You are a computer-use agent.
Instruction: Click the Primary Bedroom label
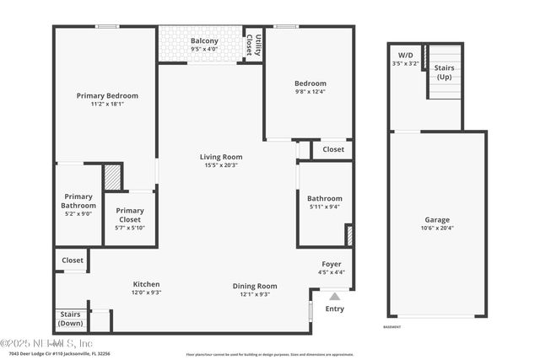107,95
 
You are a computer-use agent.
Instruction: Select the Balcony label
204,40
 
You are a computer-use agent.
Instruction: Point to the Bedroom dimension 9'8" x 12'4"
310,93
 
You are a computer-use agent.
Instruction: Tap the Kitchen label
146,284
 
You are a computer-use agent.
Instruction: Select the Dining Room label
255,286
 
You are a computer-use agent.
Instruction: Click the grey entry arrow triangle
334,297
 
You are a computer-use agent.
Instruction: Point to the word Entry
334,309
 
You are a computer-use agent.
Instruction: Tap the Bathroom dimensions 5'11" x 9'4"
325,207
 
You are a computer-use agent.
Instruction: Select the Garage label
436,219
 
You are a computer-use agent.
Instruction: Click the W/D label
405,55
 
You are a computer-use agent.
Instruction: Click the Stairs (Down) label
71,319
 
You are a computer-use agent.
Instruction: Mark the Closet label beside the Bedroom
333,149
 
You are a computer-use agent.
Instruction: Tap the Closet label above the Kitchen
73,261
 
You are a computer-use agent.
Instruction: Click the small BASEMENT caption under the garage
391,326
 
